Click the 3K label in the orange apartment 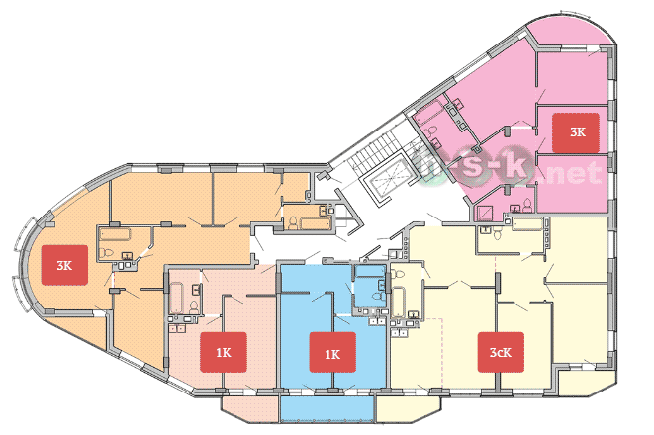click(64, 265)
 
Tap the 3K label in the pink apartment click(576, 132)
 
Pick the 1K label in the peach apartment click(224, 352)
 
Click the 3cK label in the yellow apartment click(501, 352)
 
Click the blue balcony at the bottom click(327, 409)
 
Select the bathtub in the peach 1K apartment click(177, 298)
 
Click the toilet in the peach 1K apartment click(194, 307)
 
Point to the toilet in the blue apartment click(377, 296)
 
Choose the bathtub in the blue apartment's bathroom click(370, 271)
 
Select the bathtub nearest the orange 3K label click(115, 233)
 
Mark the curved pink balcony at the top click(572, 35)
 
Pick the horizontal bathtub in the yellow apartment click(527, 223)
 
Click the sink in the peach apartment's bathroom click(196, 289)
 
